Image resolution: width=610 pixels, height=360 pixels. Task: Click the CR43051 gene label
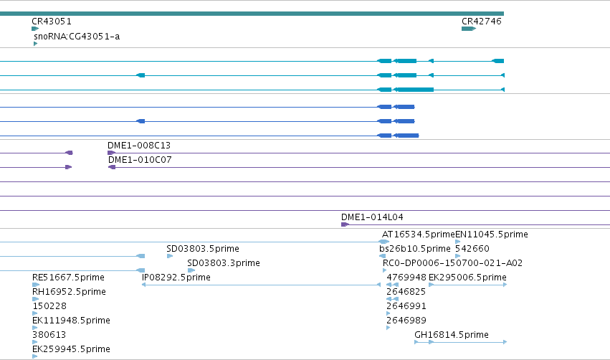[52, 22]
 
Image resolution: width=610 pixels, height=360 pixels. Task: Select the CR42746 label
[481, 22]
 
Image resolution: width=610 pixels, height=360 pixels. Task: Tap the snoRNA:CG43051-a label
[77, 37]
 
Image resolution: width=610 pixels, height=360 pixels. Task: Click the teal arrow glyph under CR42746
[469, 29]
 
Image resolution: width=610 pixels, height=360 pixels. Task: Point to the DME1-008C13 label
[139, 146]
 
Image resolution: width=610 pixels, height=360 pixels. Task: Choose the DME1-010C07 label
[140, 160]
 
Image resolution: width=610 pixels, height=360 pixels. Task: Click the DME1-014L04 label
[372, 217]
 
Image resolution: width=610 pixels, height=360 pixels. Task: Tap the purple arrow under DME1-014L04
[345, 224]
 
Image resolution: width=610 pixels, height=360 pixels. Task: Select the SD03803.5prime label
[203, 249]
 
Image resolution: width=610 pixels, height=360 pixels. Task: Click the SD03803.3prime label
[224, 263]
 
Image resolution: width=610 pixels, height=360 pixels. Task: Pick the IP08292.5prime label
[176, 278]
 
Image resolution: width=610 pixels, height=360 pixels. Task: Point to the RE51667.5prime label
[68, 278]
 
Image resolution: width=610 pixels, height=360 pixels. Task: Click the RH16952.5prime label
[69, 292]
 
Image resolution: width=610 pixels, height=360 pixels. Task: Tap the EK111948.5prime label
[71, 321]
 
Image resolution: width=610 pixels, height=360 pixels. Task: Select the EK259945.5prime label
[71, 349]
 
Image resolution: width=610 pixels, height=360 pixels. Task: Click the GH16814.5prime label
[452, 335]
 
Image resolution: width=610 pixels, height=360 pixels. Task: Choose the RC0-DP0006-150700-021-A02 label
[452, 263]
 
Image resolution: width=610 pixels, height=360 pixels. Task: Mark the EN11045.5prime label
[492, 235]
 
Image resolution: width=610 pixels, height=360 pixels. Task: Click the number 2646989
[406, 321]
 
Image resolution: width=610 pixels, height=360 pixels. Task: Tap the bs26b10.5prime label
[415, 249]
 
